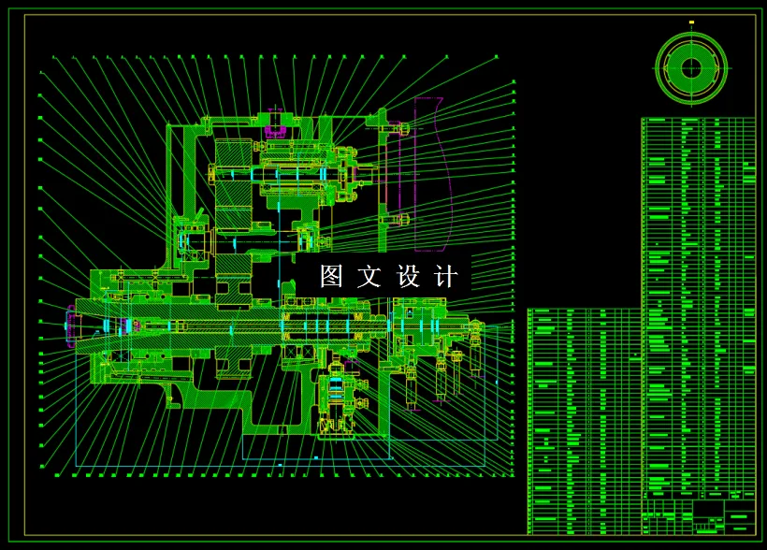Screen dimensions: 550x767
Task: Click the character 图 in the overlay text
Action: tap(332, 276)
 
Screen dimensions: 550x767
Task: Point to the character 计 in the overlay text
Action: tap(447, 276)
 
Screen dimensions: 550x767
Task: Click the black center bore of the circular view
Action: tap(691, 67)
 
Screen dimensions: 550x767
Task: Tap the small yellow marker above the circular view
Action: tap(691, 22)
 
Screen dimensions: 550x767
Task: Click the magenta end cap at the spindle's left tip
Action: tap(70, 326)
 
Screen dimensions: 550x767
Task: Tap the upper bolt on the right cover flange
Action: tap(403, 128)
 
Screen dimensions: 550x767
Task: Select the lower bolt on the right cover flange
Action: tap(403, 220)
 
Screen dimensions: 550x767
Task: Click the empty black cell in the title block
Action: tap(707, 513)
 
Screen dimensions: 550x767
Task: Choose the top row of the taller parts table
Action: tap(697, 121)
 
